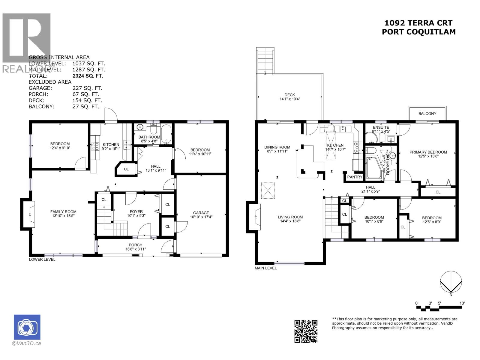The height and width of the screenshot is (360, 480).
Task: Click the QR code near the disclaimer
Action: (306, 331)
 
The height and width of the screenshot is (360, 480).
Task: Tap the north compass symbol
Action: (451, 282)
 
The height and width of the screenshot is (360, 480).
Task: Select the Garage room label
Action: (201, 213)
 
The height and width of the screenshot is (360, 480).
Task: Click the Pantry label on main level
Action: (355, 177)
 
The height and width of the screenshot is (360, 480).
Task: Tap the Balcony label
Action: (427, 113)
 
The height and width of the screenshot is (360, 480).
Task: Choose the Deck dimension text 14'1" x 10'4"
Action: (289, 99)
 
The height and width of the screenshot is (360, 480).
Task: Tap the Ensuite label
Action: (381, 127)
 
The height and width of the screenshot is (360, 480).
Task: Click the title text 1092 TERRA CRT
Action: (418, 23)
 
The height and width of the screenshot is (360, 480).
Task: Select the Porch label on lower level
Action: (136, 245)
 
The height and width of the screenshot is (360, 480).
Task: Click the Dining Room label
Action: (277, 147)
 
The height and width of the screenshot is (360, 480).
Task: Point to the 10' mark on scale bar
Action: (462, 303)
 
